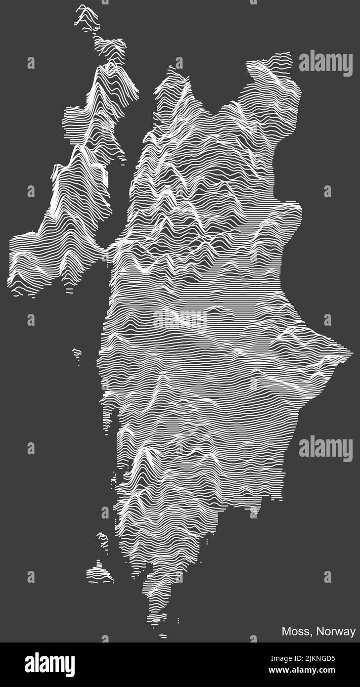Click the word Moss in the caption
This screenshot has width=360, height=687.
click(293, 631)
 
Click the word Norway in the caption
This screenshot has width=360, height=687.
click(336, 631)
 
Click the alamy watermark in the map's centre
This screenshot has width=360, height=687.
click(180, 320)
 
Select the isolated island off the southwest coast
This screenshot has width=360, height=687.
click(99, 574)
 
